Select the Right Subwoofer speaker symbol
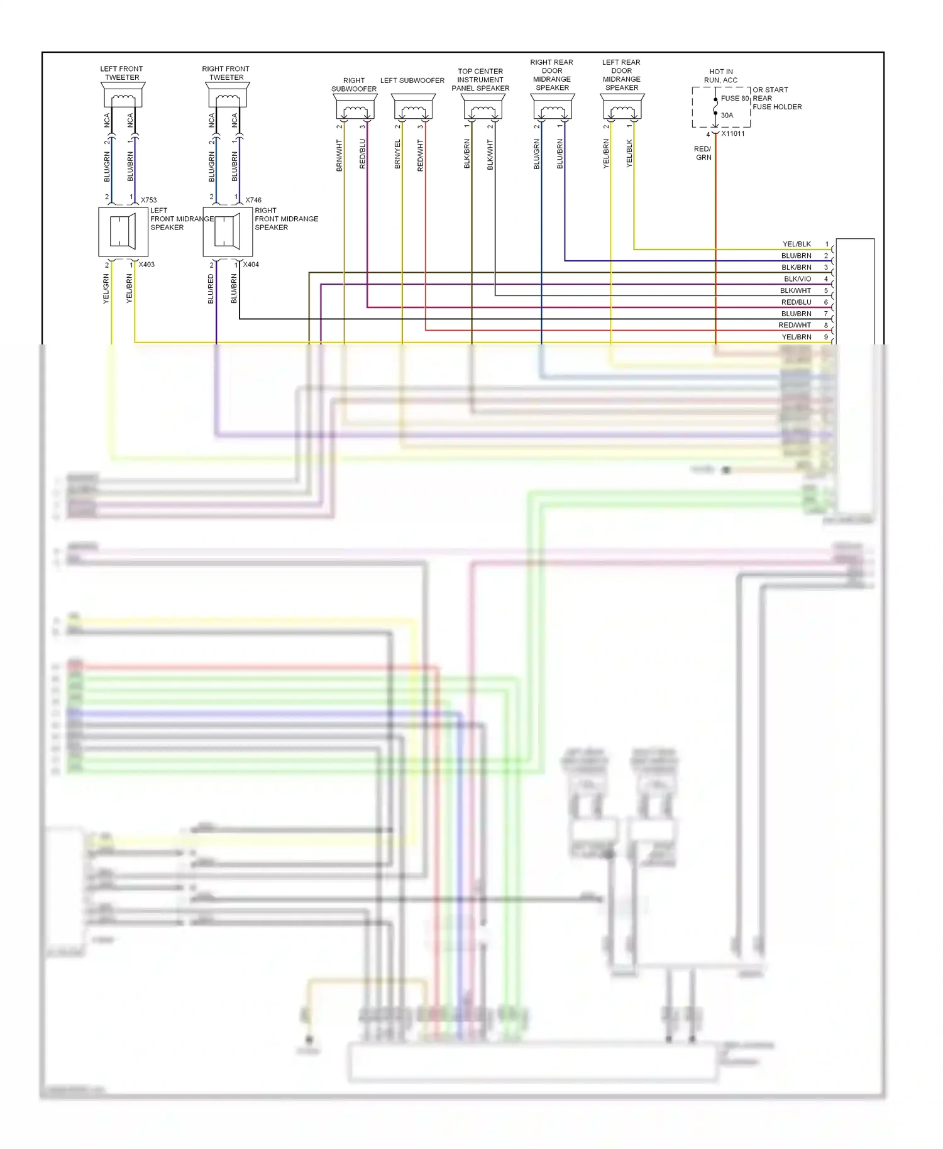pyautogui.click(x=355, y=107)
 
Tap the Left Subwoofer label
pyautogui.click(x=412, y=80)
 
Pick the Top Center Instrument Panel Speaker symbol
pyautogui.click(x=483, y=107)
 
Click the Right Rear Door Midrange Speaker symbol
pyautogui.click(x=553, y=107)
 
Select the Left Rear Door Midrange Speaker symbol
pyautogui.click(x=622, y=107)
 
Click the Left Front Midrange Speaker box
pyautogui.click(x=123, y=232)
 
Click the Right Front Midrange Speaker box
pyautogui.click(x=228, y=232)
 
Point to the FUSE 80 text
pyautogui.click(x=734, y=99)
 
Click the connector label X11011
pyautogui.click(x=733, y=134)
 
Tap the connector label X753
pyautogui.click(x=148, y=201)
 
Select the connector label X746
pyautogui.click(x=253, y=201)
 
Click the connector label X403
pyautogui.click(x=146, y=265)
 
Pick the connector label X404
pyautogui.click(x=251, y=265)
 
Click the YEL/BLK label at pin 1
pyautogui.click(x=797, y=244)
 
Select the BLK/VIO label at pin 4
pyautogui.click(x=797, y=279)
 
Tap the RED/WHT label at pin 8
pyautogui.click(x=795, y=326)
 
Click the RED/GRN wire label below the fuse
pyautogui.click(x=703, y=153)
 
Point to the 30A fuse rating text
pyautogui.click(x=727, y=116)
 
